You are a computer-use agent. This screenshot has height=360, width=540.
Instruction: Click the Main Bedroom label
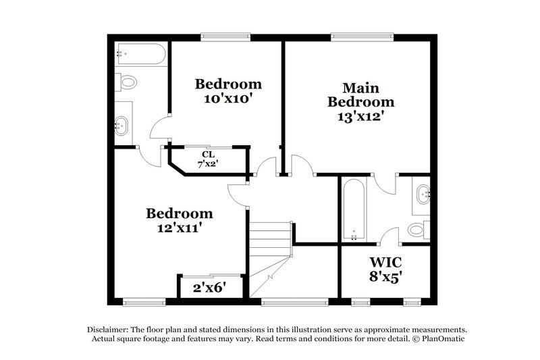point(360,95)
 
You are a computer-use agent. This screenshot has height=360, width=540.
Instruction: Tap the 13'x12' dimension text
point(360,115)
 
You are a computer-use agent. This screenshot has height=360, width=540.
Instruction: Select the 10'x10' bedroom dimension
point(228,98)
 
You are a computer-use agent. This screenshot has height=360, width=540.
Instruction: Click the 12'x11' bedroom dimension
point(180,228)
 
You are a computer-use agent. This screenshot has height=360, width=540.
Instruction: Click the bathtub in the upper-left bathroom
point(140,55)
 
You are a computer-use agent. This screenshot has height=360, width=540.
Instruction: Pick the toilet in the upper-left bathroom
point(126,82)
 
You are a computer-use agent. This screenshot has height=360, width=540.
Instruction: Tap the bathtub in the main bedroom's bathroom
point(354,209)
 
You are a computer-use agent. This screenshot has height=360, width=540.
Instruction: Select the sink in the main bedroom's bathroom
point(423,195)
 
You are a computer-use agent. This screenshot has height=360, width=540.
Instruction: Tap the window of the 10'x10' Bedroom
point(225,36)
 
